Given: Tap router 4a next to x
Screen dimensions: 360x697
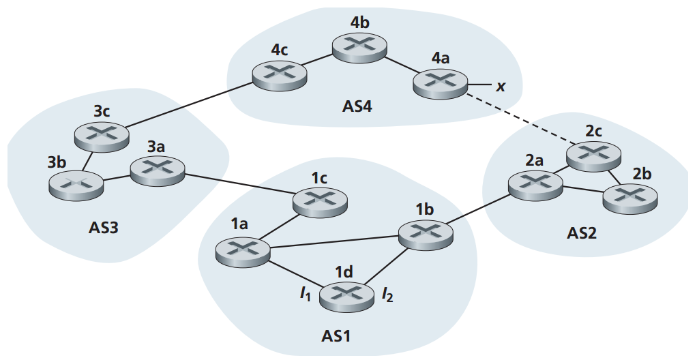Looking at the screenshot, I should tap(441, 84).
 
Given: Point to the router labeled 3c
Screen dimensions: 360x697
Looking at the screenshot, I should tap(102, 135).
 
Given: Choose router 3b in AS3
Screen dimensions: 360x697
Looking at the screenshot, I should tap(76, 183).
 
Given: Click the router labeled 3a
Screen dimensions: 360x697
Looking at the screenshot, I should tap(157, 170).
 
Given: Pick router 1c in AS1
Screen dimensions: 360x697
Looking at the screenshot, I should tap(320, 200).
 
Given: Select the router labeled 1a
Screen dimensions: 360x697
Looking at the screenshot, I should tap(242, 251).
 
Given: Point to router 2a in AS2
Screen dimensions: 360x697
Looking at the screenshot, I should tap(536, 184).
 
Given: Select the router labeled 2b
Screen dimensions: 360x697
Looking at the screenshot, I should tap(629, 198).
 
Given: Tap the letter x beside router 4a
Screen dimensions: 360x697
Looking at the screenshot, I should tap(501, 86).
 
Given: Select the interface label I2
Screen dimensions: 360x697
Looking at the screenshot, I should tap(387, 295).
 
